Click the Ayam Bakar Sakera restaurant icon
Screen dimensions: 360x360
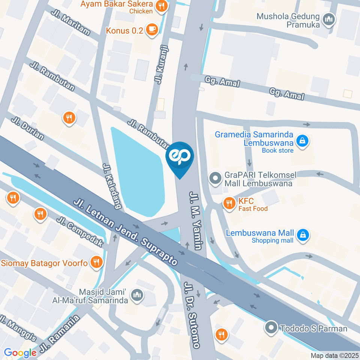(162, 6)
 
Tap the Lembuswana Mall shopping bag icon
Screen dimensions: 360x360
(302, 235)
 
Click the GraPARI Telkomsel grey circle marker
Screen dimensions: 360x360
(215, 178)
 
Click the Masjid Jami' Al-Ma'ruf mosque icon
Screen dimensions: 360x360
(138, 295)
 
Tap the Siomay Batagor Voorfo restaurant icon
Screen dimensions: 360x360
(96, 262)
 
